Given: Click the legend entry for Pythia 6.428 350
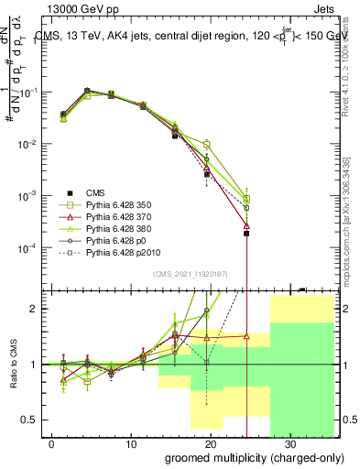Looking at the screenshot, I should pyautogui.click(x=114, y=203).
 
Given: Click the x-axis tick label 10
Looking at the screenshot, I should pyautogui.click(x=131, y=442).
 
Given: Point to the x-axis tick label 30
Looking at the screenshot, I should pyautogui.click(x=290, y=442).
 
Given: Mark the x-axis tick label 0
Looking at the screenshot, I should pyautogui.click(x=52, y=442).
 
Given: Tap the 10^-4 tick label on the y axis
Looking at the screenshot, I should pyautogui.click(x=27, y=248).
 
